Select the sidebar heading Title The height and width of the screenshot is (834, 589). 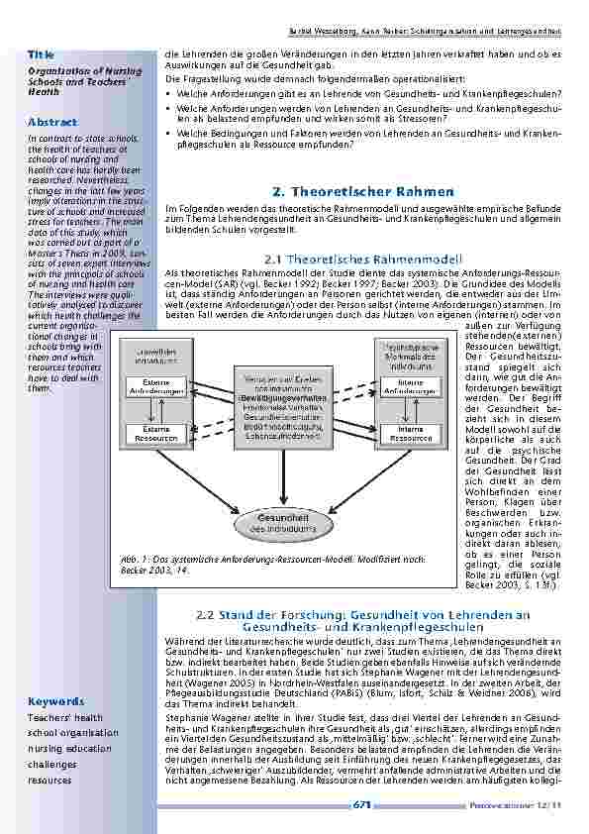tap(41, 52)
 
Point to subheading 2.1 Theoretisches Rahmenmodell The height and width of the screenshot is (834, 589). tap(366, 259)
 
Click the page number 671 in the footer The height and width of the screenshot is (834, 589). tap(362, 804)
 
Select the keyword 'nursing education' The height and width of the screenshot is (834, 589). tap(69, 749)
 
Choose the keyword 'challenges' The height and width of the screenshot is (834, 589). tap(51, 765)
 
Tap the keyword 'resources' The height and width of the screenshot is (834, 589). tap(50, 781)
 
